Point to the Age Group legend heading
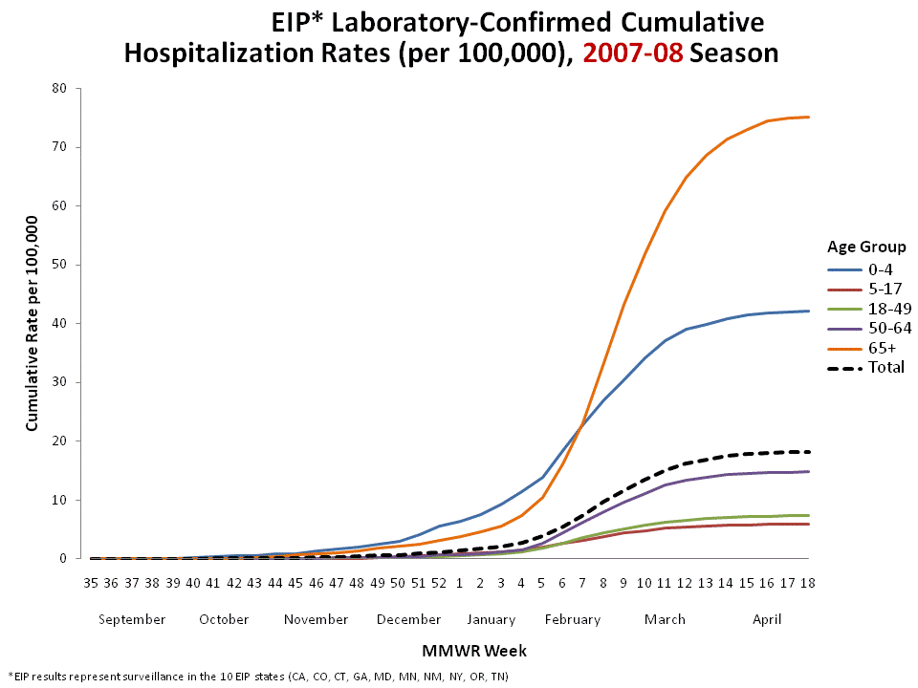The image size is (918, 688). tap(866, 247)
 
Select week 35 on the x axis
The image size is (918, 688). tap(91, 582)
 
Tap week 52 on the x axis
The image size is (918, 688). tap(439, 582)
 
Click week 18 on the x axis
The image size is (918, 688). tap(808, 582)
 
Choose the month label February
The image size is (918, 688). tap(573, 619)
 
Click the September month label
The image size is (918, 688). tap(132, 619)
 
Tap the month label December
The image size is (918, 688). tap(408, 619)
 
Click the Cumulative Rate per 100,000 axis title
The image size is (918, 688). tap(32, 323)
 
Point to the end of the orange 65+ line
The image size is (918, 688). tap(809, 118)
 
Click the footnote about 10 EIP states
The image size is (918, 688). tap(258, 677)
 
